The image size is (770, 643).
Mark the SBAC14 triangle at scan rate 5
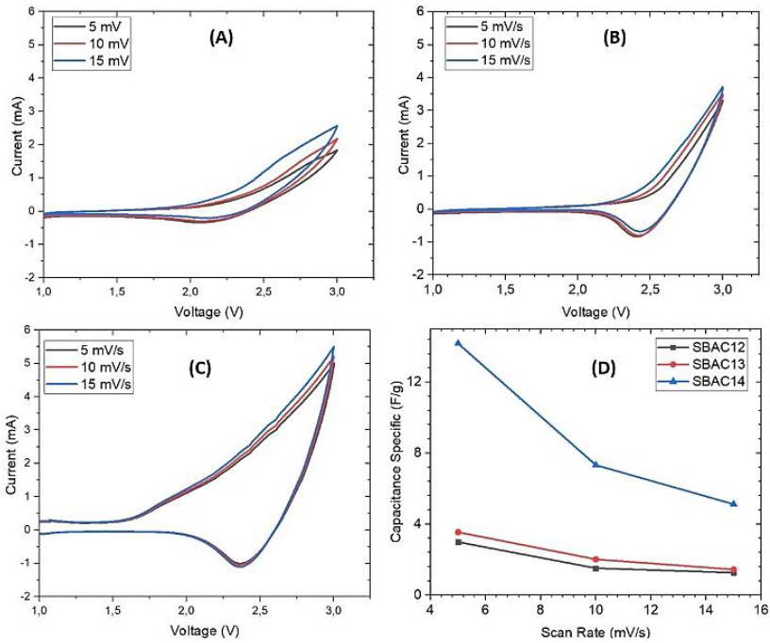(x=458, y=343)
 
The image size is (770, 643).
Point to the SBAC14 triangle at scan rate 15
(x=733, y=503)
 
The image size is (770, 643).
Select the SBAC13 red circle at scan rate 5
(x=458, y=532)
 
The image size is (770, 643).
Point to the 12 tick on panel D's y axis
(x=414, y=382)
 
